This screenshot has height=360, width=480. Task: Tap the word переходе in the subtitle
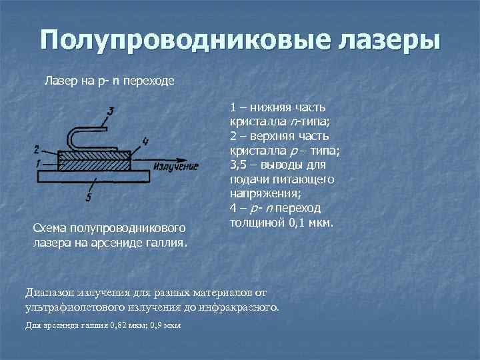pyautogui.click(x=151, y=81)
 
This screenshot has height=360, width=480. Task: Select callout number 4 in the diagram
pyautogui.click(x=145, y=141)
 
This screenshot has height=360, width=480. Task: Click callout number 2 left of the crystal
pyautogui.click(x=36, y=149)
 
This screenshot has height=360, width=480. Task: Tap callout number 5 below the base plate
pyautogui.click(x=89, y=197)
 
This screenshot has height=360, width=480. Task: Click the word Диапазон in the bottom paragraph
pyautogui.click(x=51, y=292)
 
